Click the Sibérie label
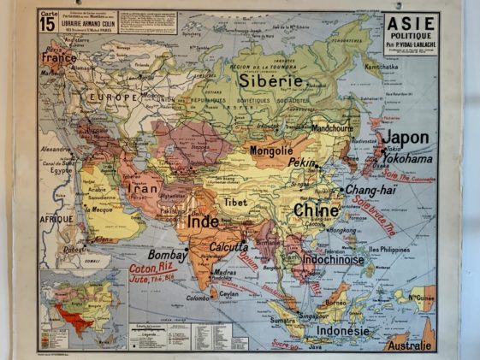pyautogui.click(x=271, y=81)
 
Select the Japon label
pyautogui.click(x=405, y=138)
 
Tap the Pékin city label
pyautogui.click(x=301, y=162)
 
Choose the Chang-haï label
pyautogui.click(x=370, y=191)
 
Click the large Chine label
pyautogui.click(x=316, y=210)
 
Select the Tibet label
pyautogui.click(x=236, y=203)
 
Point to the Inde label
pyautogui.click(x=204, y=222)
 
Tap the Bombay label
pyautogui.click(x=167, y=255)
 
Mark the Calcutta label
pyautogui.click(x=229, y=248)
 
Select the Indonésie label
pyautogui.click(x=342, y=331)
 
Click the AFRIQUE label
pyautogui.click(x=57, y=218)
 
